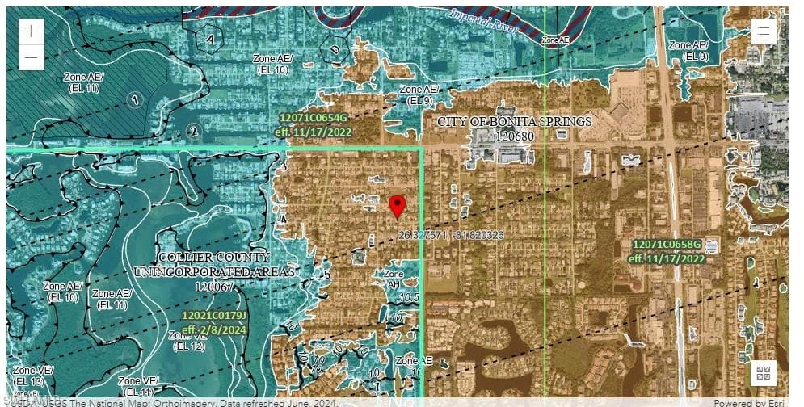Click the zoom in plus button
[31, 32]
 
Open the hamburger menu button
[764, 31]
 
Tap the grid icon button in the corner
[764, 373]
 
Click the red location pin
[397, 207]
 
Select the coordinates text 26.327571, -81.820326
[451, 235]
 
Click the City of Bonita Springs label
[514, 122]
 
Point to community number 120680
[515, 136]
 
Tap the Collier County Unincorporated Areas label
[213, 264]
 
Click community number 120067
[214, 286]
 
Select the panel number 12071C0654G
[314, 118]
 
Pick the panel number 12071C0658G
[667, 244]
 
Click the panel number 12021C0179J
[214, 315]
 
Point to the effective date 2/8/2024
[214, 329]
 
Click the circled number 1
[135, 99]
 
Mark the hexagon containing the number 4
[210, 38]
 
